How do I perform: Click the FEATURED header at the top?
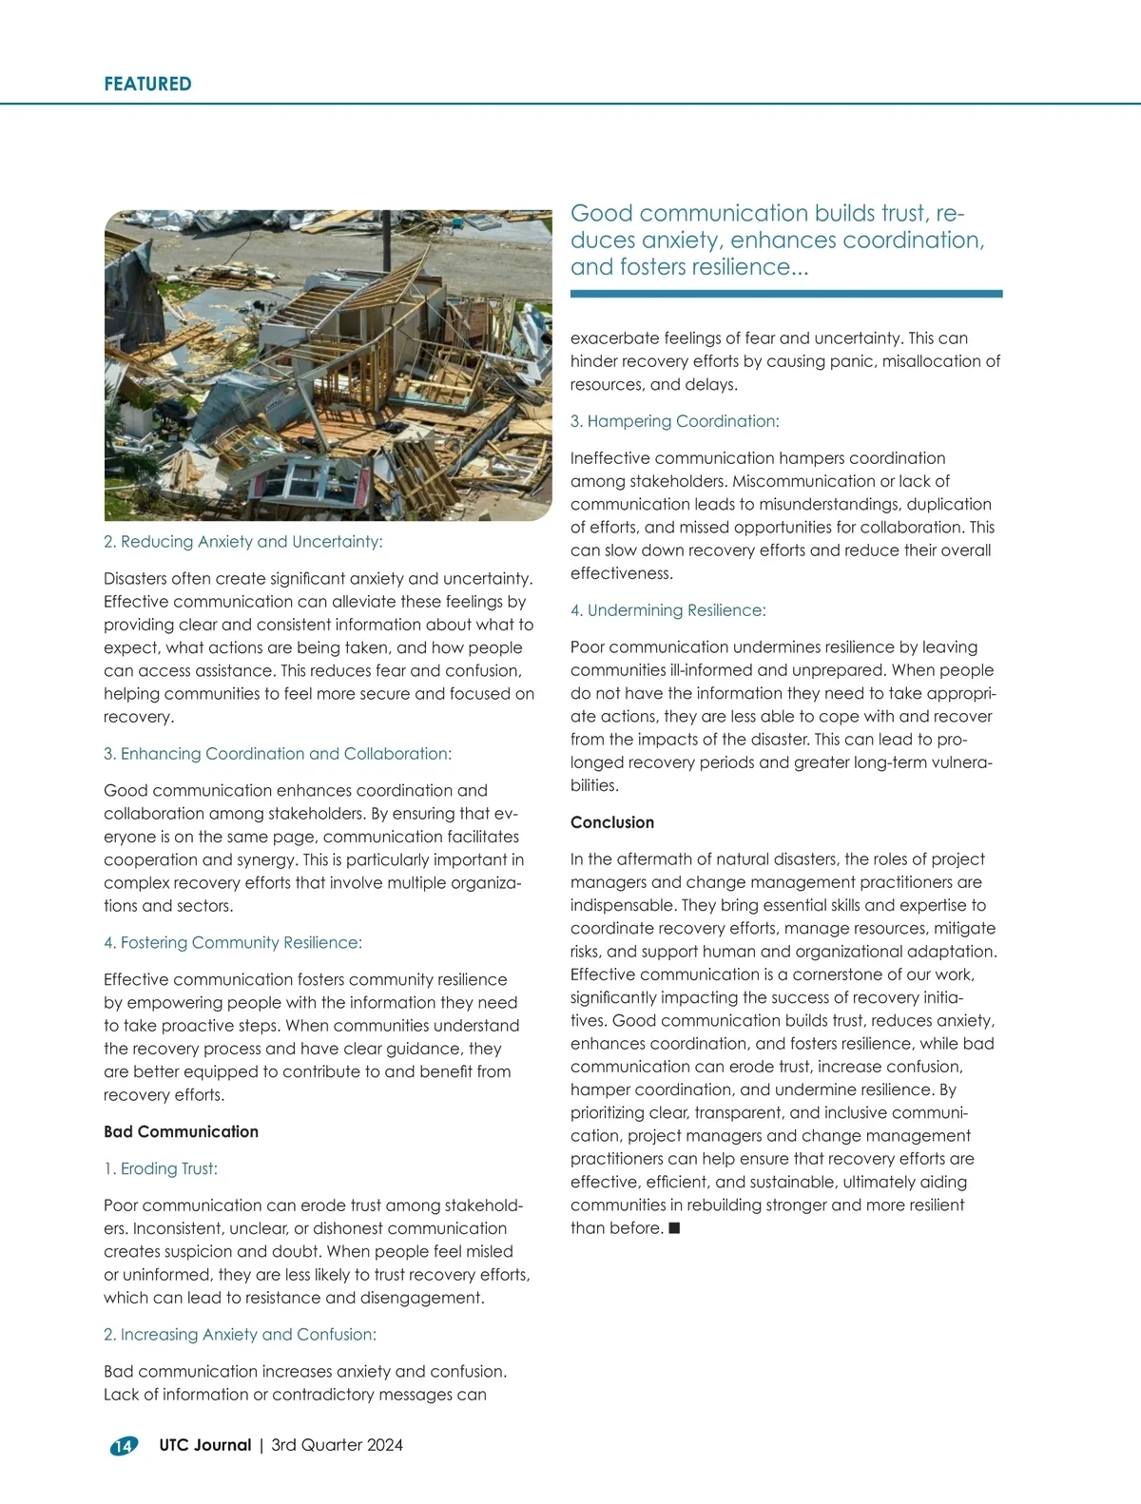(x=147, y=84)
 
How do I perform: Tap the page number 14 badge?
(x=124, y=1446)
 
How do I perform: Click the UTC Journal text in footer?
(x=205, y=1445)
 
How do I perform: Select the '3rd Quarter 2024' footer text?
(x=338, y=1445)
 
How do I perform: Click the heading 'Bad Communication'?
(x=181, y=1131)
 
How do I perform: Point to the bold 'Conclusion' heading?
(x=612, y=822)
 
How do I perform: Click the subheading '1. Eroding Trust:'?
(x=161, y=1168)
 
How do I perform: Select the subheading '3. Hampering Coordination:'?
(x=674, y=421)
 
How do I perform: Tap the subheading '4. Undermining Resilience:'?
(x=667, y=610)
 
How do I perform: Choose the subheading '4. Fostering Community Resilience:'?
(x=233, y=943)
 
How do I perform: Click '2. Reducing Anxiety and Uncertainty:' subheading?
(x=242, y=542)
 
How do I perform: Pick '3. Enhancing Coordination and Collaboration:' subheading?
(x=278, y=754)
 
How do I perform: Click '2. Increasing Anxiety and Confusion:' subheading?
(x=240, y=1335)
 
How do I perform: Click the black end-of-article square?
(x=674, y=1228)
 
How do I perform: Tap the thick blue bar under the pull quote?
(x=786, y=294)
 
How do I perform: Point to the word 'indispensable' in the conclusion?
(x=621, y=905)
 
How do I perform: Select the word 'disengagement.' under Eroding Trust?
(x=427, y=1298)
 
